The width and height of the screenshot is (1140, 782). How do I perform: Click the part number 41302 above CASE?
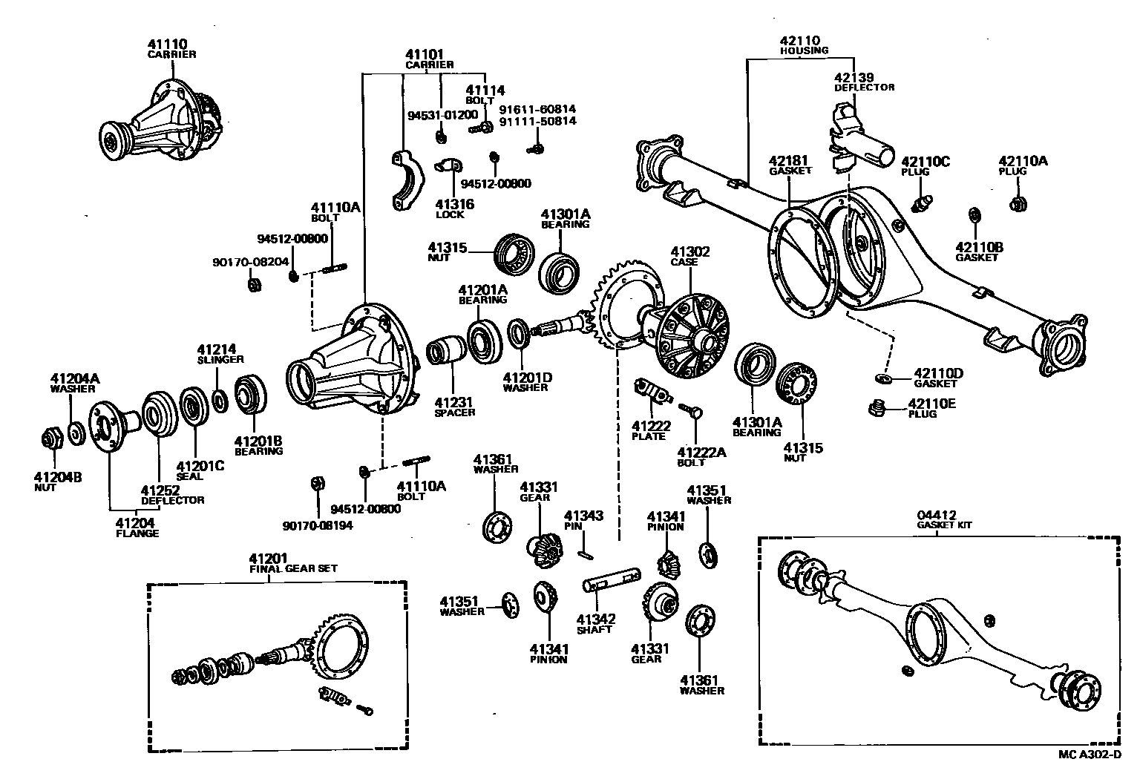(689, 252)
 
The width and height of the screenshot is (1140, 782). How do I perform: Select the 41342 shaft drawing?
(612, 581)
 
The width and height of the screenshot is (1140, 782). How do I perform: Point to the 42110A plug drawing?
(1018, 203)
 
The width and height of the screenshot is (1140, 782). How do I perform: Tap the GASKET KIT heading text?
(943, 525)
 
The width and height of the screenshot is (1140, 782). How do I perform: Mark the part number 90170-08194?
(318, 525)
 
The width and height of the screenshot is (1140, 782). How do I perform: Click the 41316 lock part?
(448, 165)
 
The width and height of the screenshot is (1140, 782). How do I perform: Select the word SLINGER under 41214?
(220, 359)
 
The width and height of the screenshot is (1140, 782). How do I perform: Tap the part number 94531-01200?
(442, 115)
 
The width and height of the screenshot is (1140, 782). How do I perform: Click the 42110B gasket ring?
(973, 216)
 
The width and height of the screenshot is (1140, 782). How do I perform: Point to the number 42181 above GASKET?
(787, 160)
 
